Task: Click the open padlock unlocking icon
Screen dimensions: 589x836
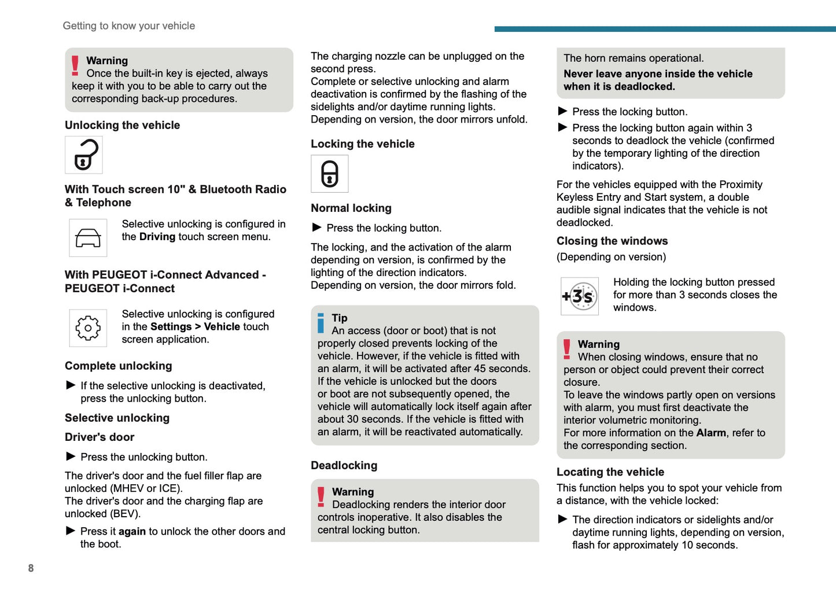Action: tap(84, 155)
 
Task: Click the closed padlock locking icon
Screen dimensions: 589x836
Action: tap(330, 174)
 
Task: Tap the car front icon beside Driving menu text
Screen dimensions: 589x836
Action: tap(88, 238)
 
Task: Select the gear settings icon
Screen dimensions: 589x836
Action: tap(88, 328)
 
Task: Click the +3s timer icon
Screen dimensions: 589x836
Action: tap(580, 296)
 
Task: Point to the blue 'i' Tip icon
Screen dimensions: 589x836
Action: tap(321, 323)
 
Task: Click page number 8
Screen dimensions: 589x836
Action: tap(31, 568)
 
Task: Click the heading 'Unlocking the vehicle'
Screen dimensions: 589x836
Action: tap(122, 125)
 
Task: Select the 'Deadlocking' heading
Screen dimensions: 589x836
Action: tap(344, 465)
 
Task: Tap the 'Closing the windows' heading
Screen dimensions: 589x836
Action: tap(612, 241)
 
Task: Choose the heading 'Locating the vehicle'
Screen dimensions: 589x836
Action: tap(610, 472)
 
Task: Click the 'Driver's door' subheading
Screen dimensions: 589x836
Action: tap(100, 437)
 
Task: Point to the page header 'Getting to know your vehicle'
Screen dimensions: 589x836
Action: tap(128, 25)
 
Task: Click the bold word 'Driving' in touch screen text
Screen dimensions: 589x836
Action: tap(157, 237)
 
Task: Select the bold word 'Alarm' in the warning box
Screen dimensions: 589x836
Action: tap(711, 433)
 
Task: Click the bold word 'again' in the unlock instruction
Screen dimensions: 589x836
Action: tap(132, 531)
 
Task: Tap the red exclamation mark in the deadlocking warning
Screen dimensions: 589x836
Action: tap(321, 497)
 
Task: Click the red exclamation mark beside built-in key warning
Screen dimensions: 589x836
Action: tap(75, 65)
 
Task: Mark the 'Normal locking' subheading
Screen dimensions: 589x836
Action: tap(351, 208)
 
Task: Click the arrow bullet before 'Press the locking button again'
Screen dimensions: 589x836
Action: tap(562, 127)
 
